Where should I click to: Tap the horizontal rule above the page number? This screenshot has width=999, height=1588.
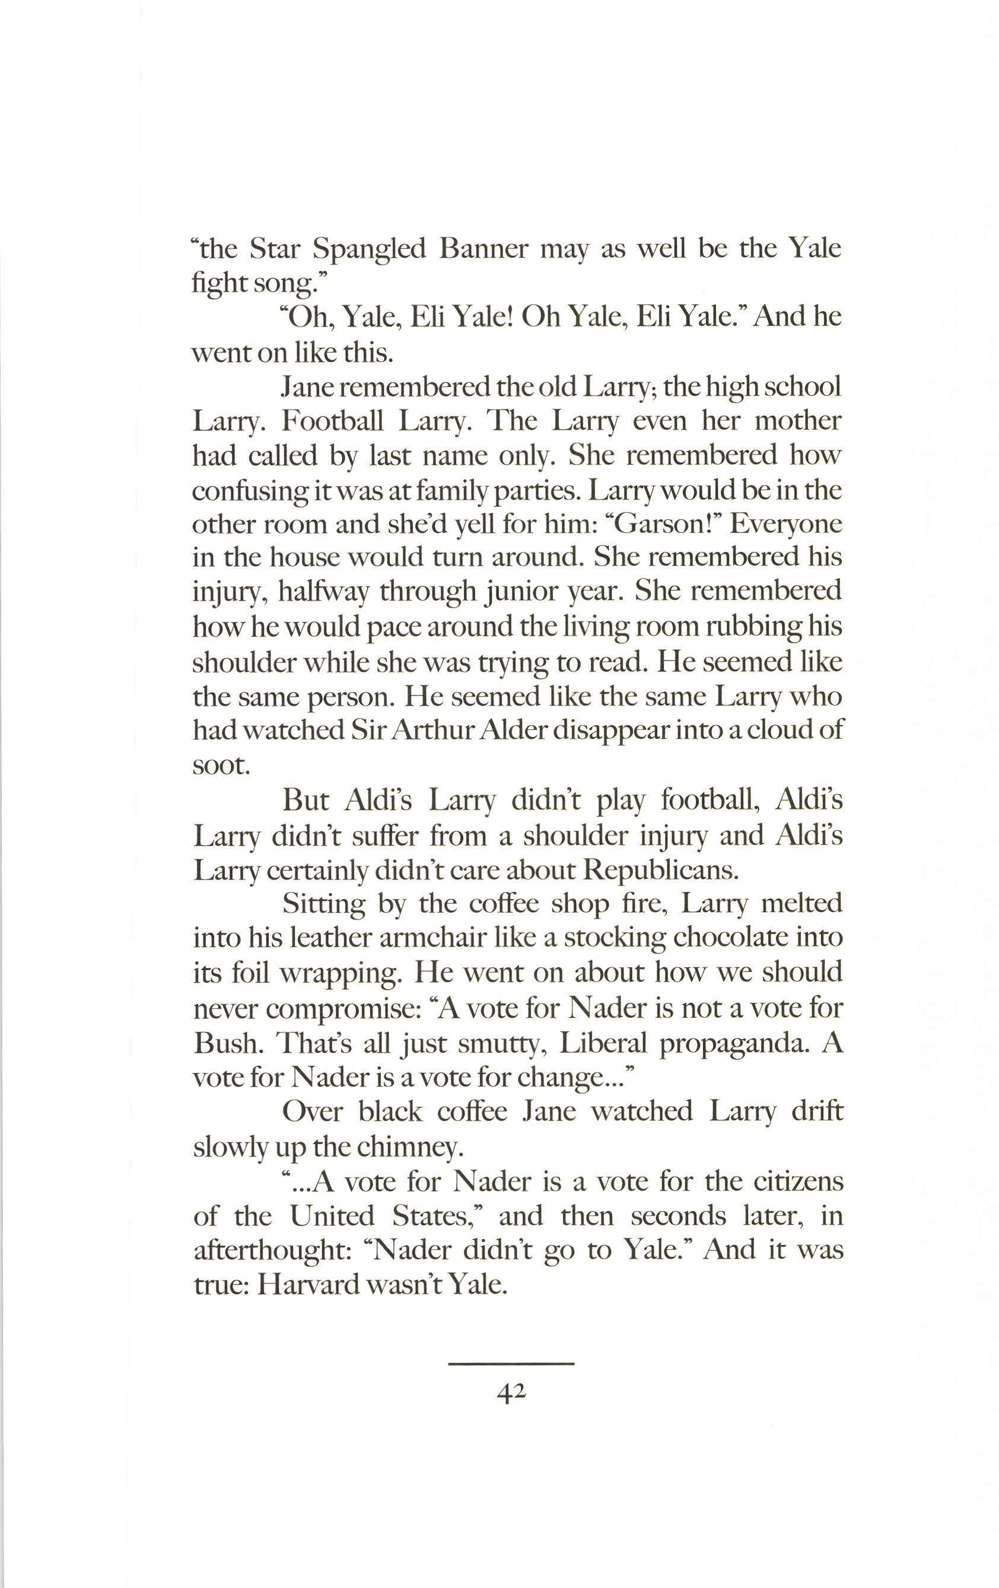[x=511, y=1363]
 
